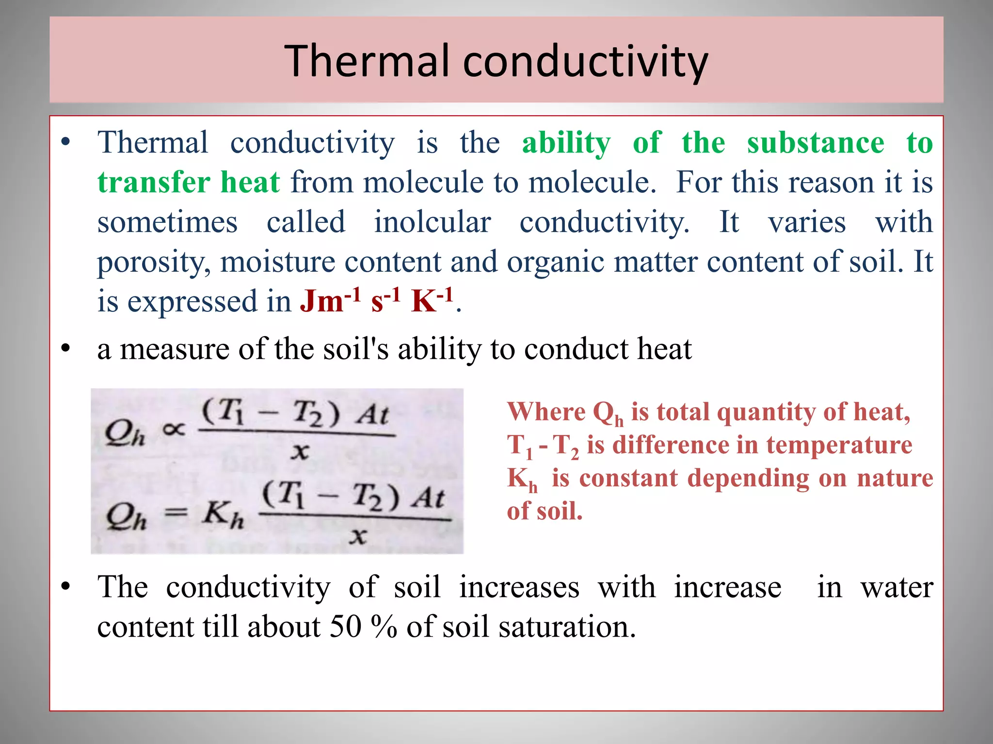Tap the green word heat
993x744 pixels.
[x=250, y=183]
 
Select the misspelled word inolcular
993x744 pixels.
[x=432, y=222]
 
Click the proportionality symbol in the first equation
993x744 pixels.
[x=174, y=429]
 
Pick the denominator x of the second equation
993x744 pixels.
[x=357, y=536]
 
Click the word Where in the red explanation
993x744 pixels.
[x=546, y=412]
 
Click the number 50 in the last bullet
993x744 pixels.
[x=345, y=626]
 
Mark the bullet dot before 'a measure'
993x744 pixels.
[x=65, y=348]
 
